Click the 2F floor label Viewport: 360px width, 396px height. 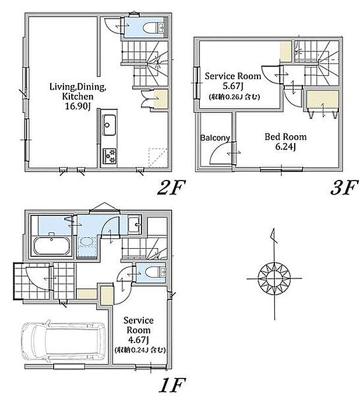click(x=171, y=188)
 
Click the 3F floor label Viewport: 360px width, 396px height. click(x=345, y=188)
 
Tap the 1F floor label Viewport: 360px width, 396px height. click(x=172, y=385)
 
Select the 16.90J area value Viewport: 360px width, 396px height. click(x=78, y=107)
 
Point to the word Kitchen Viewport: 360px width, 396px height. click(x=78, y=96)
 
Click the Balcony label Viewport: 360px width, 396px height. click(x=215, y=138)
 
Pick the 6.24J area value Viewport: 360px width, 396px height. click(x=285, y=147)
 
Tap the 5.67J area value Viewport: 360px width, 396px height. click(x=232, y=86)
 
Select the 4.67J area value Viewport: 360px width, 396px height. click(x=138, y=340)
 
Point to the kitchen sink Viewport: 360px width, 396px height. click(x=109, y=125)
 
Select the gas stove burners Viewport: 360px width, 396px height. click(x=110, y=156)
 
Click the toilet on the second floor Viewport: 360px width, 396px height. click(x=154, y=27)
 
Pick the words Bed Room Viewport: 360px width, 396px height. click(x=285, y=137)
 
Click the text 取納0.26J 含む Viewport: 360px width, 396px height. click(x=234, y=97)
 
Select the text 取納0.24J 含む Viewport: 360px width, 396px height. click(x=140, y=350)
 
